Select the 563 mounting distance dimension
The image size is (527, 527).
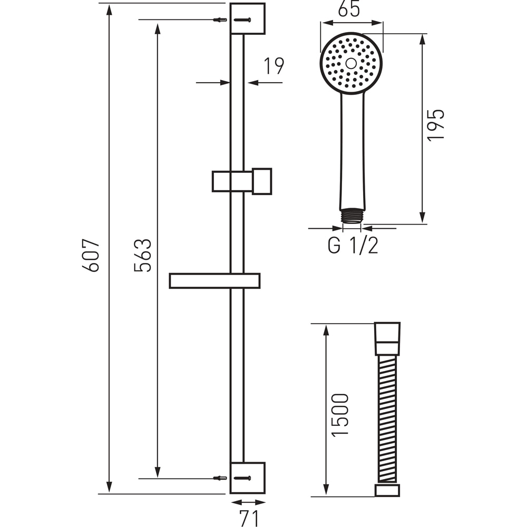coord(143,255)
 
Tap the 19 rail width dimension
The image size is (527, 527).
coord(274,66)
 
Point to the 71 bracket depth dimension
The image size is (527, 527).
coord(248,515)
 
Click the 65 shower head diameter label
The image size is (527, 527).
coord(349,11)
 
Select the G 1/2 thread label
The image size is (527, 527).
coord(353,246)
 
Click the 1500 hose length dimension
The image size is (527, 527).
coord(340,414)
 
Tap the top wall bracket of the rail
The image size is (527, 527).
coord(248,18)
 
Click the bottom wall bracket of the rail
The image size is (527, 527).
coord(248,477)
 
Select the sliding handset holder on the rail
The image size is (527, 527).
coord(242,181)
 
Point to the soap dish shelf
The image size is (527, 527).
coord(214,281)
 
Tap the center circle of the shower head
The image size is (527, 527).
coord(351,63)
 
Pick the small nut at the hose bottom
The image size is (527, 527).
coord(387,491)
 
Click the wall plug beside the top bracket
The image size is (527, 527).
coord(220,20)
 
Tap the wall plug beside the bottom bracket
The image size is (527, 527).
coord(220,478)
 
